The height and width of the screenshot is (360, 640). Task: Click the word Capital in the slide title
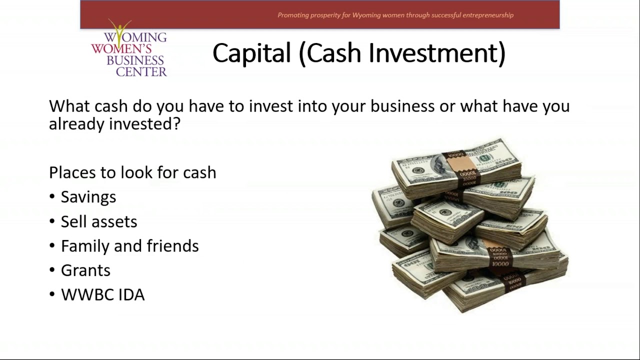pyautogui.click(x=251, y=53)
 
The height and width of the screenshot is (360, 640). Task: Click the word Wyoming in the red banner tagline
pyautogui.click(x=366, y=15)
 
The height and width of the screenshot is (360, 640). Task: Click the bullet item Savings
pyautogui.click(x=88, y=197)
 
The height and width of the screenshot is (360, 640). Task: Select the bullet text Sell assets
pyautogui.click(x=99, y=221)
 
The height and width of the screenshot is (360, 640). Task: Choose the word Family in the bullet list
pyautogui.click(x=85, y=246)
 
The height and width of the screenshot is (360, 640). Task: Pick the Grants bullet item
pyautogui.click(x=85, y=270)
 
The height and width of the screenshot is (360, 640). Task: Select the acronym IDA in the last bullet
pyautogui.click(x=131, y=295)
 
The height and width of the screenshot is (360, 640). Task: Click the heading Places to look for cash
pyautogui.click(x=132, y=172)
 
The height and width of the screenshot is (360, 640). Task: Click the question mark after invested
pyautogui.click(x=176, y=124)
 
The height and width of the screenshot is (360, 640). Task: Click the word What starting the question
pyautogui.click(x=69, y=106)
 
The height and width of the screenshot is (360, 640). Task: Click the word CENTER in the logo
pyautogui.click(x=141, y=71)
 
